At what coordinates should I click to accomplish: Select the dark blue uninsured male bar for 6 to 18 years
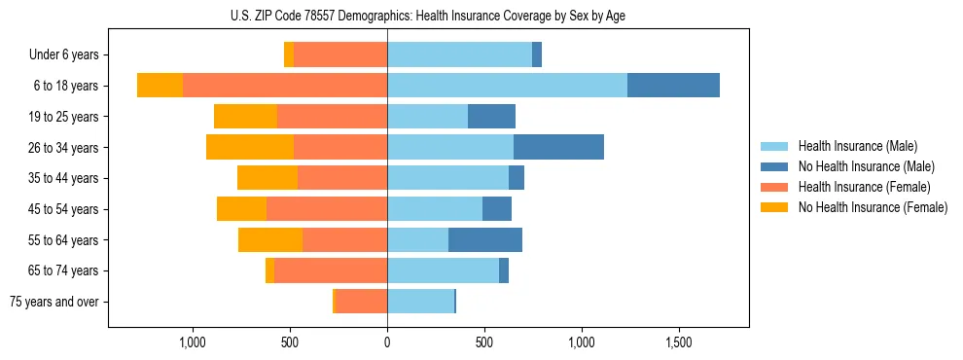[x=673, y=86]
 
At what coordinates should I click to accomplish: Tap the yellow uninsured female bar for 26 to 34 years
[x=250, y=147]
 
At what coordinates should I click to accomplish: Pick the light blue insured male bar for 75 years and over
[x=420, y=302]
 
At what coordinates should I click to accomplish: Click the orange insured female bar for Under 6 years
[x=340, y=54]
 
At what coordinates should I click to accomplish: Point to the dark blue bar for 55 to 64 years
[x=485, y=239]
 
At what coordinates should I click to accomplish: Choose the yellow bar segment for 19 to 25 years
[x=245, y=117]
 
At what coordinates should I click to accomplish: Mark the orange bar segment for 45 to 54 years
[x=327, y=209]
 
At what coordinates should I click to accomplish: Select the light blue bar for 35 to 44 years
[x=447, y=178]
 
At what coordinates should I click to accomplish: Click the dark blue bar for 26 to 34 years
[x=558, y=147]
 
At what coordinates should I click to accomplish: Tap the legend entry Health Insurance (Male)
[x=857, y=146]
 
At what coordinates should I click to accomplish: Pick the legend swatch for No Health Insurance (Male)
[x=774, y=166]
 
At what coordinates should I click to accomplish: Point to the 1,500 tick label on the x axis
[x=679, y=342]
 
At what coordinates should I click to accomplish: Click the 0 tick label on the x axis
[x=387, y=342]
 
